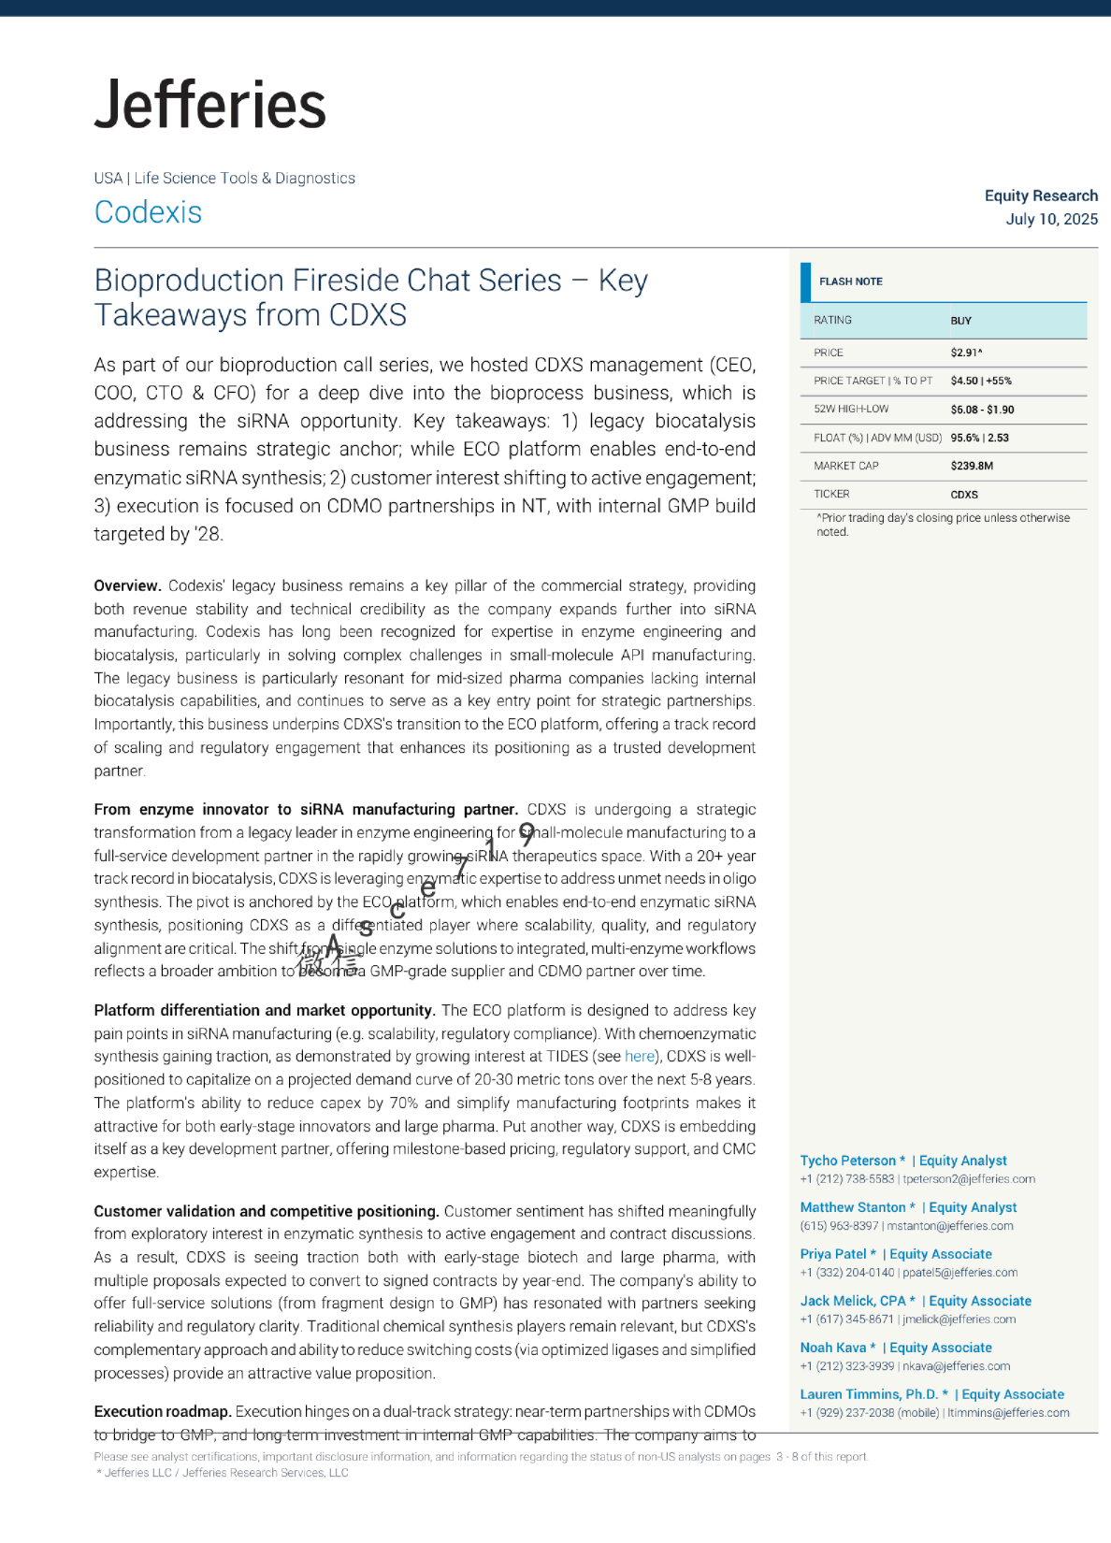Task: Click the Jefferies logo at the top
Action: point(210,104)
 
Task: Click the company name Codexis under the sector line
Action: point(148,212)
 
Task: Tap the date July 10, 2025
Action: point(1051,219)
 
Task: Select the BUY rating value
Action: point(960,321)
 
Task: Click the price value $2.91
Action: point(966,353)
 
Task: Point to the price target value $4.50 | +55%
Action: point(980,381)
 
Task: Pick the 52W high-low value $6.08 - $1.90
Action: point(982,410)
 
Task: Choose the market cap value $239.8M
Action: point(972,466)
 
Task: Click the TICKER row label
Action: point(831,494)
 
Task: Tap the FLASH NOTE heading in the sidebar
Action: point(850,281)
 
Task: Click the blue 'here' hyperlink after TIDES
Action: point(640,1057)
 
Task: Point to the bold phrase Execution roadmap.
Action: point(162,1412)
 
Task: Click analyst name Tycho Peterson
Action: point(847,1161)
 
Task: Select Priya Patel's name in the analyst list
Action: point(833,1254)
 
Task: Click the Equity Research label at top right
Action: point(1041,195)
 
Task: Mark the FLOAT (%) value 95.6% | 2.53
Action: point(979,438)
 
